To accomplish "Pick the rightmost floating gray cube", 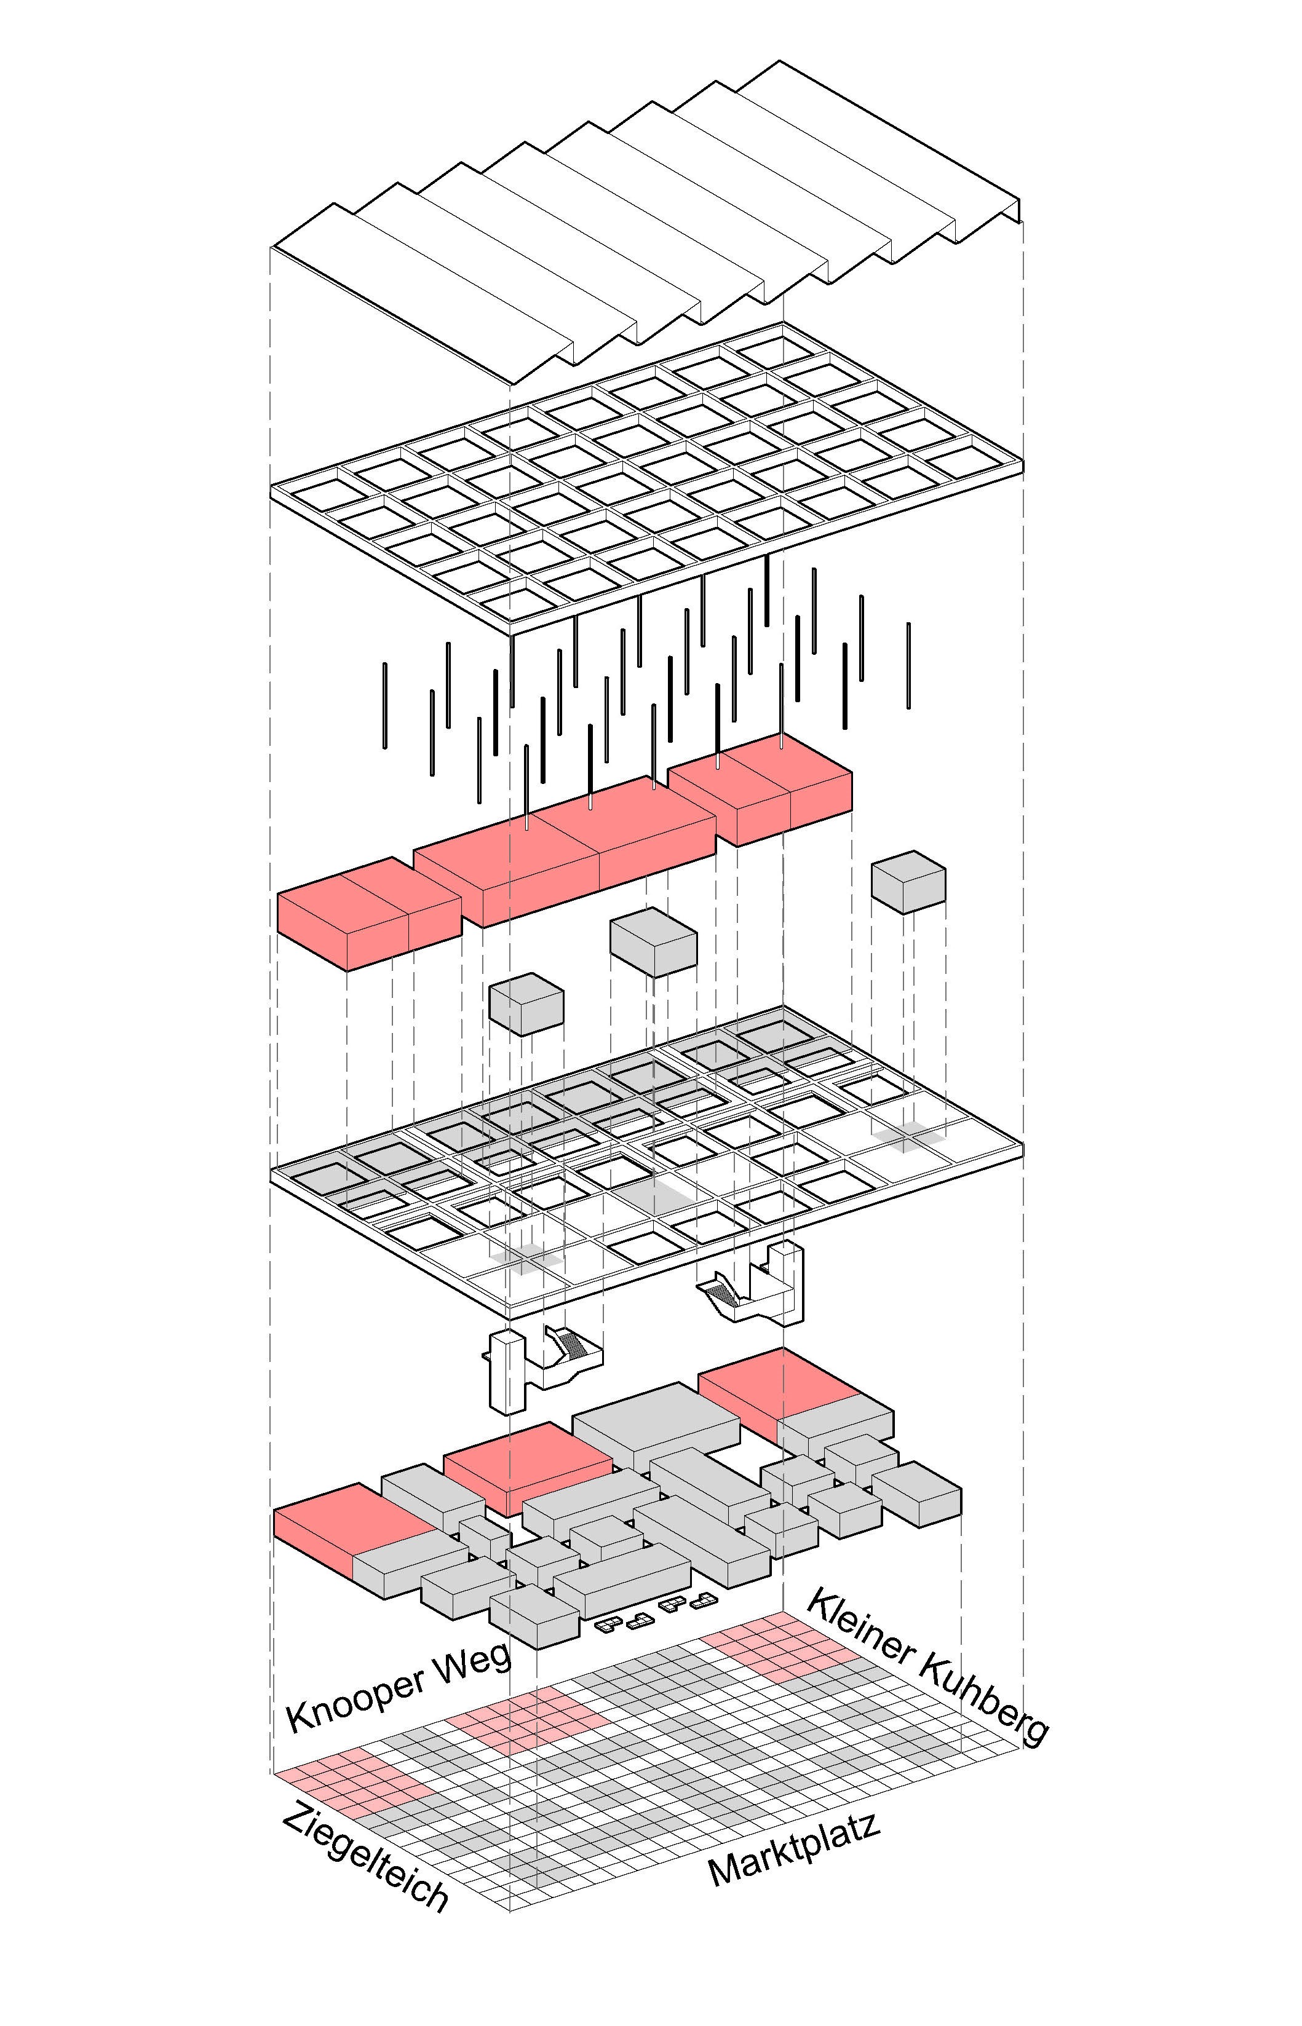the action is tap(908, 882).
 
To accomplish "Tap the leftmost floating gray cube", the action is tap(526, 1004).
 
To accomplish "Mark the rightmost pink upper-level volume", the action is tap(760, 789).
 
